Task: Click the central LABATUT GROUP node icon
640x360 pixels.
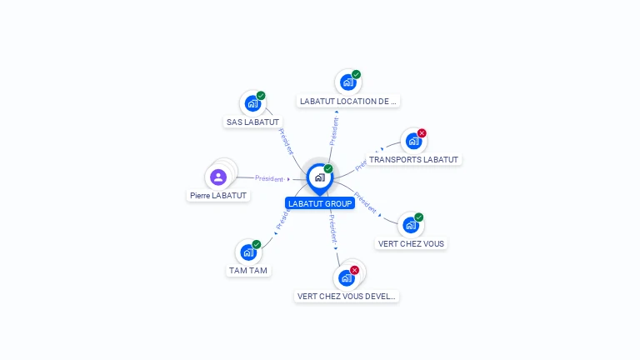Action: coord(319,177)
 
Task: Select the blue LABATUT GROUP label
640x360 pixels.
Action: coord(320,203)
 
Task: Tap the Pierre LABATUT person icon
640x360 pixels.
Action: coord(218,177)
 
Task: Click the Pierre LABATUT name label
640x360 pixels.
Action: coord(218,195)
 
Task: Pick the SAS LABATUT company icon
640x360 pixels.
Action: coord(250,104)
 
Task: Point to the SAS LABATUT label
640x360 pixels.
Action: coord(252,122)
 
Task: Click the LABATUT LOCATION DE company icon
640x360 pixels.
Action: coord(347,82)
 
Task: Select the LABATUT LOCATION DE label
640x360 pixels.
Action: coord(348,101)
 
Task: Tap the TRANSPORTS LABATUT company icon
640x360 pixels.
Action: coord(412,142)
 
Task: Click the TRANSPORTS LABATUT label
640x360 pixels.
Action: coord(413,159)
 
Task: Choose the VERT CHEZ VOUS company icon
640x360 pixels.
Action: coord(410,225)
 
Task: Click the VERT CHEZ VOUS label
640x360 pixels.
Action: coord(412,244)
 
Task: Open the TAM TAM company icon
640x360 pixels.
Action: coord(247,252)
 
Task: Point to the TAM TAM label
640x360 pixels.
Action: coord(249,271)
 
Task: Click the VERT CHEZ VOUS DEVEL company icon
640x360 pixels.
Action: coord(346,277)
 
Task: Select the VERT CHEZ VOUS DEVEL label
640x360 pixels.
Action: coord(347,296)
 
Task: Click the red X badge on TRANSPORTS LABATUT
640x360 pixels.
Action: coord(422,133)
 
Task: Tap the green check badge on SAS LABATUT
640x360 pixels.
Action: coord(261,96)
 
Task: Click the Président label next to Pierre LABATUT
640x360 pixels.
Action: coord(269,178)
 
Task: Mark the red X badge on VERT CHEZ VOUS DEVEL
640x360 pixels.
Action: coord(354,270)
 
